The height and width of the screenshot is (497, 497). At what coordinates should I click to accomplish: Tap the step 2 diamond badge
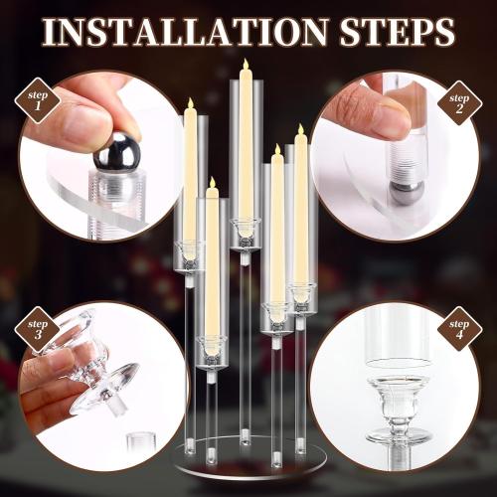point(458,100)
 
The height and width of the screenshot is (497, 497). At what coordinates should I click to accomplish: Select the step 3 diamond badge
point(38,330)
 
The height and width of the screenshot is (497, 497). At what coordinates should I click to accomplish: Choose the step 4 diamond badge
point(459,329)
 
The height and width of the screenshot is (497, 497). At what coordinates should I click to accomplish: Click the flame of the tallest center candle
point(245,67)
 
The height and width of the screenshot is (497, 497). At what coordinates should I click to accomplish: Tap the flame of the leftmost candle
point(189,104)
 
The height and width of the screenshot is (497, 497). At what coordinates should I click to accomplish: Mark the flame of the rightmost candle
point(300,130)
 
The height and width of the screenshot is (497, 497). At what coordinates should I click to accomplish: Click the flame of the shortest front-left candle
point(211,184)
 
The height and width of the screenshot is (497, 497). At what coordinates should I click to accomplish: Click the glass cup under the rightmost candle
point(301,294)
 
